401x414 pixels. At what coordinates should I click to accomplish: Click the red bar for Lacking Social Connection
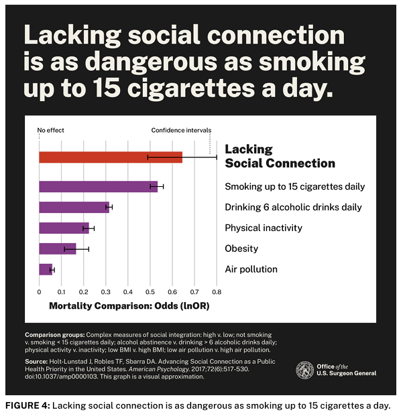pyautogui.click(x=111, y=157)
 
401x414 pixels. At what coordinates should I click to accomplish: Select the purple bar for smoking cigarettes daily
pyautogui.click(x=98, y=187)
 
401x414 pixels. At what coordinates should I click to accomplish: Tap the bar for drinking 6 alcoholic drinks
pyautogui.click(x=74, y=208)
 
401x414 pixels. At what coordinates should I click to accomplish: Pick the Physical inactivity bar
pyautogui.click(x=64, y=228)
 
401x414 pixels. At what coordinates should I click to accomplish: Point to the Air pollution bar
pyautogui.click(x=45, y=269)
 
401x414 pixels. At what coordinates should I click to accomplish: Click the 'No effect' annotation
pyautogui.click(x=51, y=130)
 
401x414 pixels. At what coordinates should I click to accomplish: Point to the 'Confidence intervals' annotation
pyautogui.click(x=181, y=130)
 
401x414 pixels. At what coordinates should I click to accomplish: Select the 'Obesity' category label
pyautogui.click(x=241, y=249)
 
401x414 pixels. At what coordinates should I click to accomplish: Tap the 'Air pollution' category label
pyautogui.click(x=251, y=269)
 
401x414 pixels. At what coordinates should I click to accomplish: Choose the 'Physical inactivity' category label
pyautogui.click(x=264, y=228)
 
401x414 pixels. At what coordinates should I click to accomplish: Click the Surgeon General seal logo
pyautogui.click(x=305, y=370)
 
